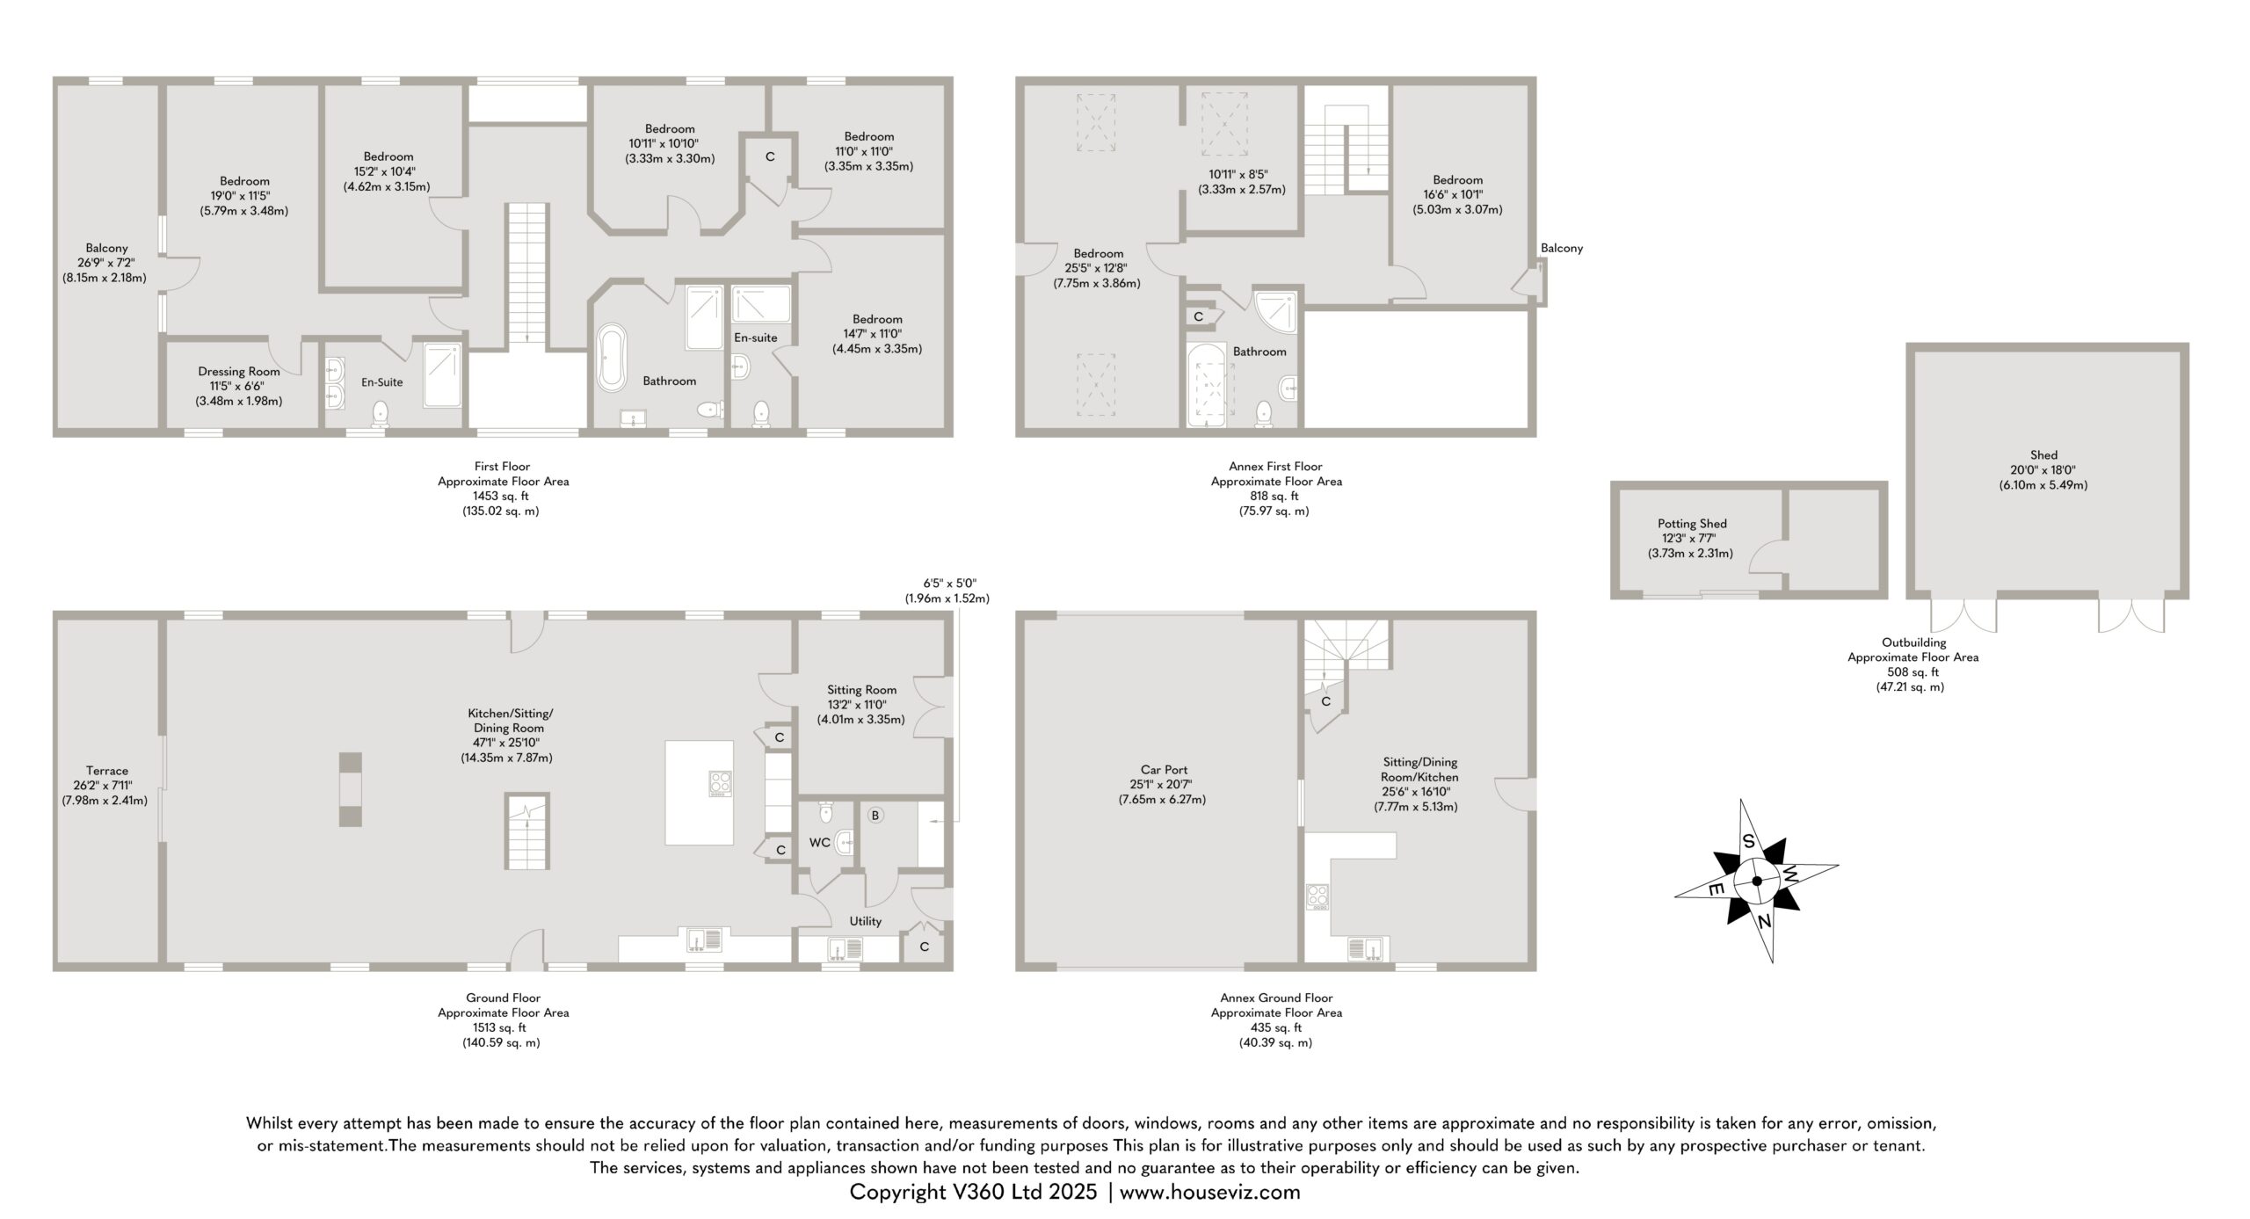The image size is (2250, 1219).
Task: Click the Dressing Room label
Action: coord(239,371)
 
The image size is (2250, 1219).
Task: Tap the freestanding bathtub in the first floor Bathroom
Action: coord(612,358)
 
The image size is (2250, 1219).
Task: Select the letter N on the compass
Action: coord(1763,920)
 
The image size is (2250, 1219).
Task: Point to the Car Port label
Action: coord(1164,770)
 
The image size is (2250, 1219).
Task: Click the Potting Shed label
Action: coord(1692,524)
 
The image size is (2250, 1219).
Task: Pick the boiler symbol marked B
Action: coord(875,816)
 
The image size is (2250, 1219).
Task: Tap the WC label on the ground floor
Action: coord(820,843)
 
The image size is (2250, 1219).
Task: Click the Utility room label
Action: coord(866,921)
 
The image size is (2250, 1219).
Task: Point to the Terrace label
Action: coord(107,771)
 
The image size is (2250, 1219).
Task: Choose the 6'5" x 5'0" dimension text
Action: coord(949,583)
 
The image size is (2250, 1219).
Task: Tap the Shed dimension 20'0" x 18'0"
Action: coord(2043,470)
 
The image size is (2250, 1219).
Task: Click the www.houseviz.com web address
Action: coord(1210,1192)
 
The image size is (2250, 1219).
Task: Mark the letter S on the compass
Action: coord(1749,841)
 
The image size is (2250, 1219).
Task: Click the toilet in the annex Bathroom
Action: coord(1264,413)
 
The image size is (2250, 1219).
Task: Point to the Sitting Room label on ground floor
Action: coord(861,690)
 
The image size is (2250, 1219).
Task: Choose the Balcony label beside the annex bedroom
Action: coord(1562,248)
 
